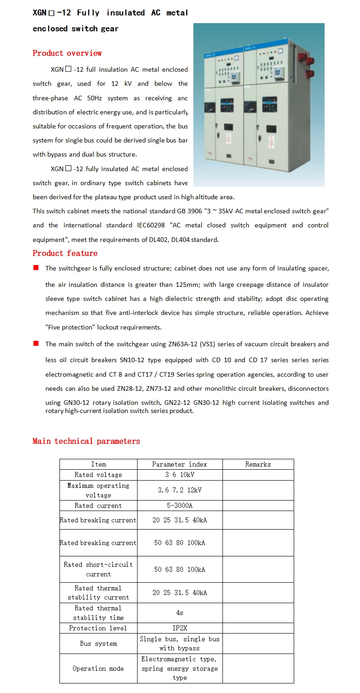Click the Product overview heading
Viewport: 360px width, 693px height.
tap(67, 53)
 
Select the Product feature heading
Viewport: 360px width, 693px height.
tap(65, 253)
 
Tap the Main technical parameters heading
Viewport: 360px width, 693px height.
tap(86, 441)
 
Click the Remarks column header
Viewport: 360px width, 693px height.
tap(258, 464)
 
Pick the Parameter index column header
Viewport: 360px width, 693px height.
tap(179, 464)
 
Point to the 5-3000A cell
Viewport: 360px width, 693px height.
tap(179, 506)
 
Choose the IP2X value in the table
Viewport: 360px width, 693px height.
tap(179, 628)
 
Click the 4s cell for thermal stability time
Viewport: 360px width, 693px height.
tap(179, 613)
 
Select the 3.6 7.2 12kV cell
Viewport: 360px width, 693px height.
tap(179, 490)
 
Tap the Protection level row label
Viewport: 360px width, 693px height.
tap(98, 628)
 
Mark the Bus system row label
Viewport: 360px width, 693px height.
tap(98, 644)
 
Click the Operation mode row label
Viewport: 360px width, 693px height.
tap(98, 668)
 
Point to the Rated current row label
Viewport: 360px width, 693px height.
tap(98, 506)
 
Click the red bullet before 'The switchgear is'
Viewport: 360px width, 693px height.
tap(36, 268)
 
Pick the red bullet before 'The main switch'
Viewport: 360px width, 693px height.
tap(36, 344)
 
